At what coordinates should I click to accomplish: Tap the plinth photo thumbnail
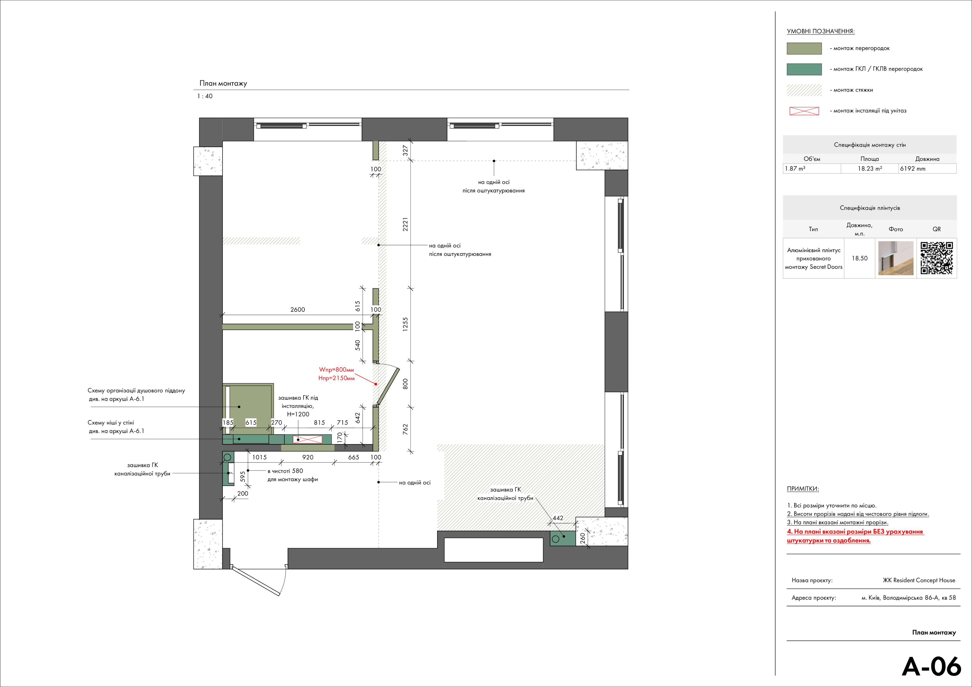896,258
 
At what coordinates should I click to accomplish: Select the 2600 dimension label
298,309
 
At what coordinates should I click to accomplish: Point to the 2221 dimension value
405,224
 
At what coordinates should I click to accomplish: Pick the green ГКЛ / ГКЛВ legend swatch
804,69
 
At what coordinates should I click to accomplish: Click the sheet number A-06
931,666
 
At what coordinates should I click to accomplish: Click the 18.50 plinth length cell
859,258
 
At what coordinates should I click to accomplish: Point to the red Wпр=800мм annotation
336,370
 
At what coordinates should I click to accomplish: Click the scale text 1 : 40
205,96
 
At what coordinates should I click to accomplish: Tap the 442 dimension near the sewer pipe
558,518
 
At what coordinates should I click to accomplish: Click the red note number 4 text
855,536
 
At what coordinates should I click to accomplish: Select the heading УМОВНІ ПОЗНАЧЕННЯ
820,31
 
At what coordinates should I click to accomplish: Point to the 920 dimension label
308,457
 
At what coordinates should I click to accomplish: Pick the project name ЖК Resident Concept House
919,580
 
